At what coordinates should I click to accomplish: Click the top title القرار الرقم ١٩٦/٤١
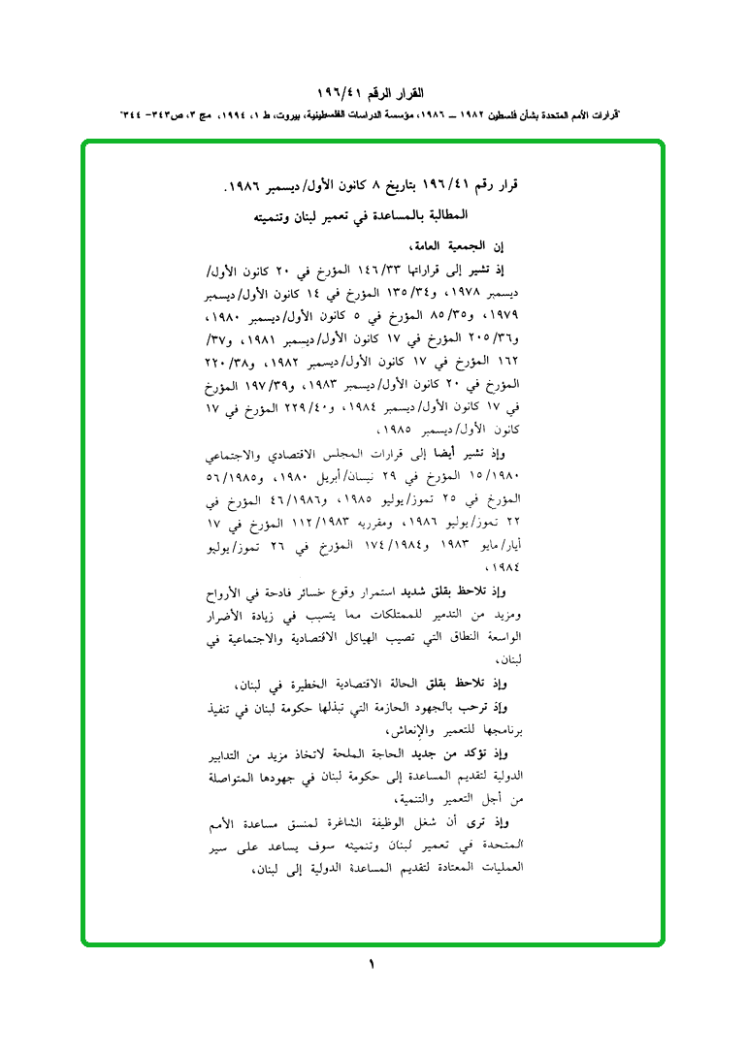372,94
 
